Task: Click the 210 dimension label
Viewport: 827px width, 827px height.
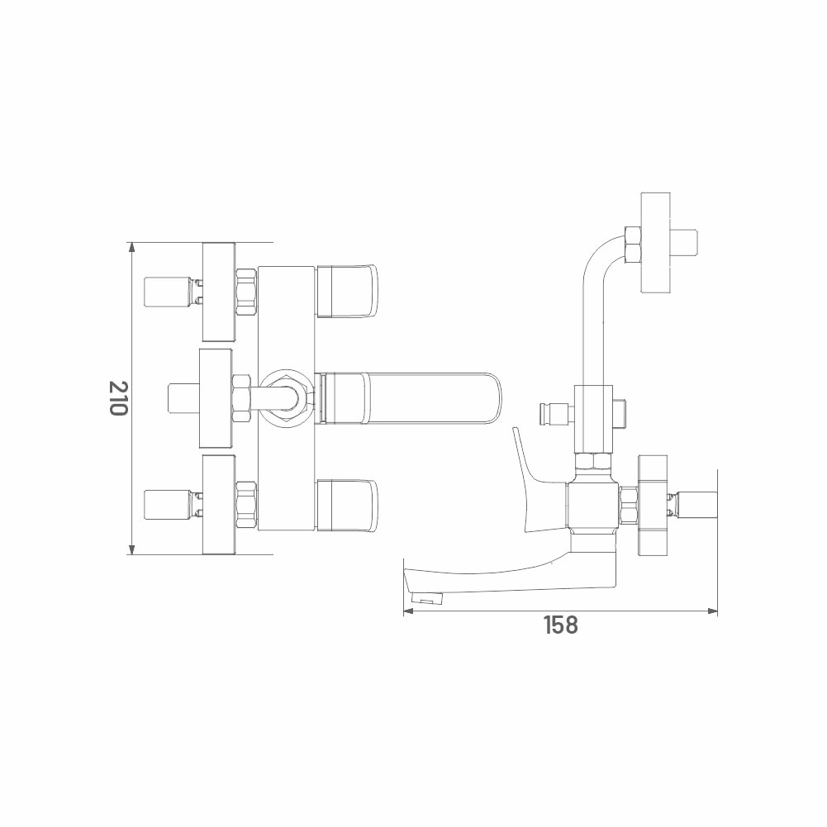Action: [x=118, y=397]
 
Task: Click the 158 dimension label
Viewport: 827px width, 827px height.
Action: [x=561, y=625]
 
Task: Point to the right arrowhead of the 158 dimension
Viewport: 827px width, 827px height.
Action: [x=712, y=611]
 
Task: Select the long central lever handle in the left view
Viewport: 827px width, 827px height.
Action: [x=409, y=398]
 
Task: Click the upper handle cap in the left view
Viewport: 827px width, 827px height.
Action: [x=348, y=292]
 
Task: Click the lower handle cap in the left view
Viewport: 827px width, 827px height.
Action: [x=348, y=505]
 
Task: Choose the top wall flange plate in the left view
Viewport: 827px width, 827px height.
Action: [x=220, y=292]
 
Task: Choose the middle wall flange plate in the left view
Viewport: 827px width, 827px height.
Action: [x=215, y=398]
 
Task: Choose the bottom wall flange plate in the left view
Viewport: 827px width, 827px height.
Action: [x=220, y=505]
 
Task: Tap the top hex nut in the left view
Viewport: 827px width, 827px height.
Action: [x=246, y=292]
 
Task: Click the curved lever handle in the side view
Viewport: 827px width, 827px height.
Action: [x=530, y=482]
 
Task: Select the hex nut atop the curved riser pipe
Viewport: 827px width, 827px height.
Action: [x=632, y=245]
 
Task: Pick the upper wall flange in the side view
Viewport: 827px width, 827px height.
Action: [x=656, y=243]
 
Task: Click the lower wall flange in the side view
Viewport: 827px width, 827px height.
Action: [x=654, y=505]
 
